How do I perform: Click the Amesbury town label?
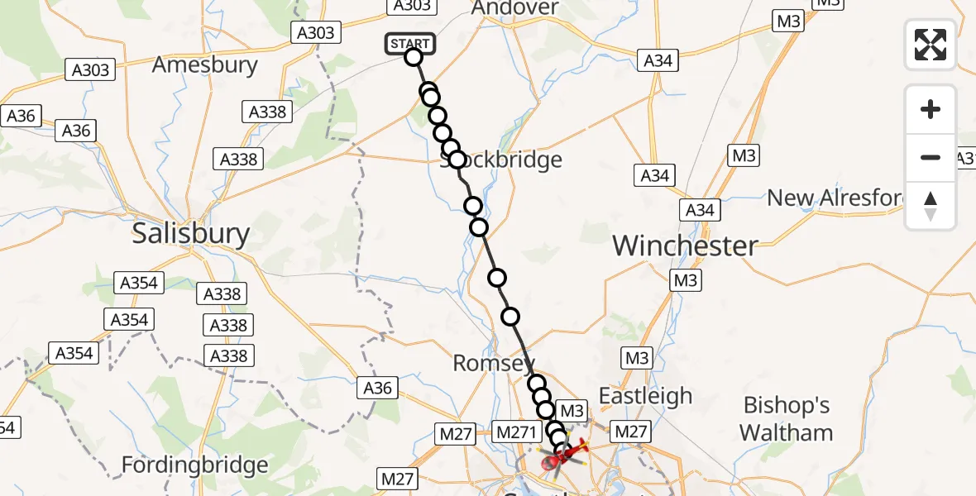point(205,64)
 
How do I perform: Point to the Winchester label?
point(685,245)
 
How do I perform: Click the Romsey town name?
point(494,364)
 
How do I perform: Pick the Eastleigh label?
point(645,395)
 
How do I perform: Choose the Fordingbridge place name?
point(194,465)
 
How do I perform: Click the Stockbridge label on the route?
point(501,160)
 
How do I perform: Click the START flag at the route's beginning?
point(409,44)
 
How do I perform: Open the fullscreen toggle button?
point(931,45)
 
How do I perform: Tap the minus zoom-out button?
point(931,157)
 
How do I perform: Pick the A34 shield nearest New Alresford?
point(700,210)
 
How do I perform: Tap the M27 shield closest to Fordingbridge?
point(396,478)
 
